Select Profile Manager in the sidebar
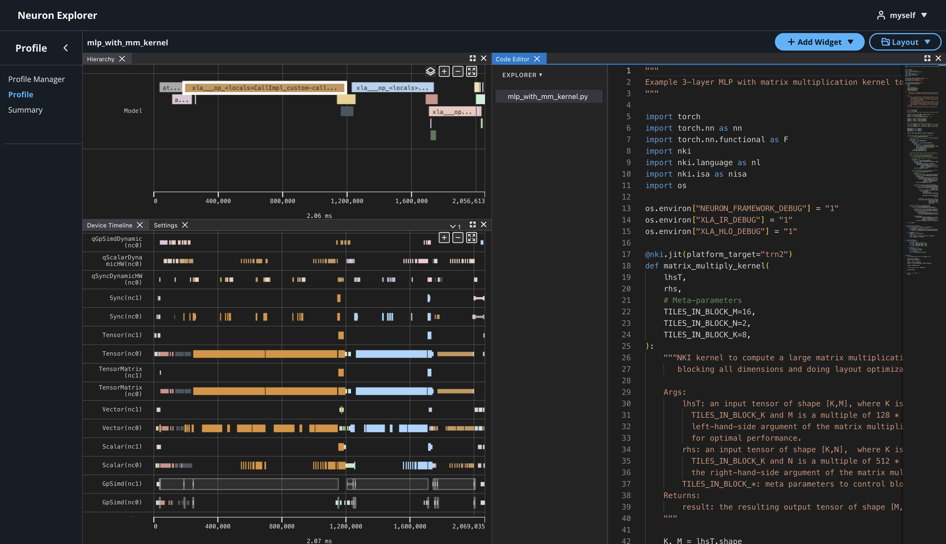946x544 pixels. point(36,79)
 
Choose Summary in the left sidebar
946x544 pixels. point(25,110)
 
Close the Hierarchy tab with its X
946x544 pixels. point(122,59)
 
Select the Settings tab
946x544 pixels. point(165,225)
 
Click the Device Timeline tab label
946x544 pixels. point(109,225)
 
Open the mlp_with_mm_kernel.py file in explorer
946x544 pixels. point(548,96)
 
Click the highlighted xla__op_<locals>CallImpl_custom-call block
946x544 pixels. point(264,88)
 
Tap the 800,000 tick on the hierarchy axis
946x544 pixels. point(282,201)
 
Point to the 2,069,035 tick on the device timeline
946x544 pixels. point(468,526)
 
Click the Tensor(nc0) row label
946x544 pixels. point(122,353)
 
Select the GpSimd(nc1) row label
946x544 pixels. point(122,484)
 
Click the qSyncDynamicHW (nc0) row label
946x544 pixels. point(117,279)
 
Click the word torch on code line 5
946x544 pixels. point(689,116)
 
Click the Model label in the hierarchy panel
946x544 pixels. point(133,111)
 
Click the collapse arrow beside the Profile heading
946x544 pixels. point(66,48)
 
